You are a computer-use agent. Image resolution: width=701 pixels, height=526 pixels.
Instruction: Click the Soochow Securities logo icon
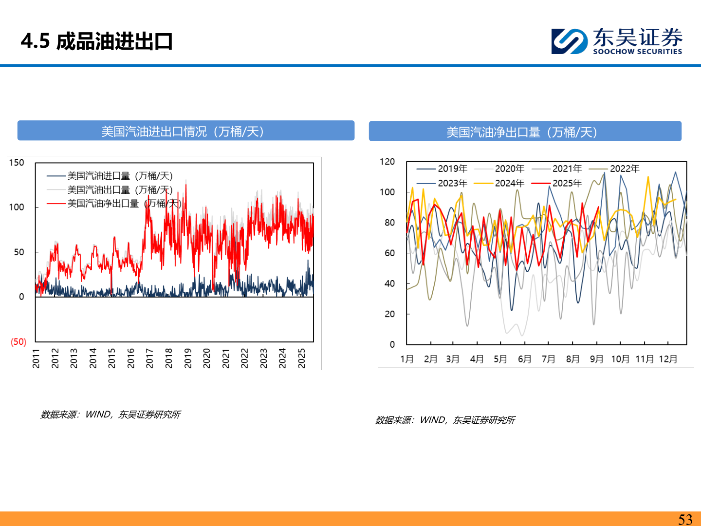569,41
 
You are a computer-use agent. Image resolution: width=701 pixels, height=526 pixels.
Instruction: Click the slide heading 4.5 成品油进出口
97,41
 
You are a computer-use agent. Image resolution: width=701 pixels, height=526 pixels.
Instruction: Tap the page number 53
685,519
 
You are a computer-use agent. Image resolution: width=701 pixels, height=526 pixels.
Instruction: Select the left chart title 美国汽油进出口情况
183,131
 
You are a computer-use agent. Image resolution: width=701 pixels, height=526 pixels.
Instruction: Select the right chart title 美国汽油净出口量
522,132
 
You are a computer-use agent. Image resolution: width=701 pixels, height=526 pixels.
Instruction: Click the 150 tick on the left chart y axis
17,163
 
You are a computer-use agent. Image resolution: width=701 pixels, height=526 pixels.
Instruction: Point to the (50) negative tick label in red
18,341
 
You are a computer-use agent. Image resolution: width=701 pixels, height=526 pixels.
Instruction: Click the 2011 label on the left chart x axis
36,358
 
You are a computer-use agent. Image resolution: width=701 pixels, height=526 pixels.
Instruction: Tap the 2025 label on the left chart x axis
301,358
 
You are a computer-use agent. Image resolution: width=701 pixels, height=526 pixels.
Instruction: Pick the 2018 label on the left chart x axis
168,358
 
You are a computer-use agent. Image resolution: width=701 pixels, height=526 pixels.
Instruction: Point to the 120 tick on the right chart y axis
387,162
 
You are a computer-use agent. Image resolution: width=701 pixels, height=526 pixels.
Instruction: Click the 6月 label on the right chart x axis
524,359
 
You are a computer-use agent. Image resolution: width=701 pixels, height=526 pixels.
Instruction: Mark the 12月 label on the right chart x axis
668,359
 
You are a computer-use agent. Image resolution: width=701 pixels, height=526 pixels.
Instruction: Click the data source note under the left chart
111,414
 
